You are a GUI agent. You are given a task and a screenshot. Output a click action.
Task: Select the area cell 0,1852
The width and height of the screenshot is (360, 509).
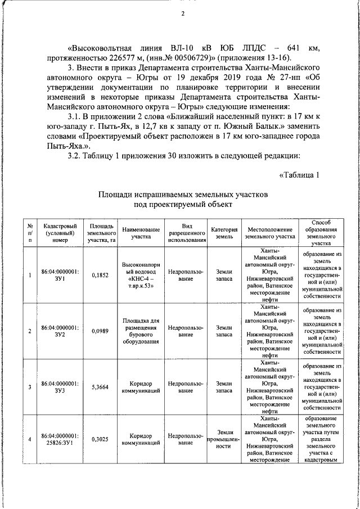point(100,274)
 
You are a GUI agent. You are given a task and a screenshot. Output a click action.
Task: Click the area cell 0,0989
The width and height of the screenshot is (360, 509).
point(100,330)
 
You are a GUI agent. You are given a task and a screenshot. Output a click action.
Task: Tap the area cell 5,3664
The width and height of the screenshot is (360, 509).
point(100,387)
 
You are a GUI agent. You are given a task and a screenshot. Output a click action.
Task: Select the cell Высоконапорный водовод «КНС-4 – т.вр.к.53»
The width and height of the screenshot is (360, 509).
point(138,274)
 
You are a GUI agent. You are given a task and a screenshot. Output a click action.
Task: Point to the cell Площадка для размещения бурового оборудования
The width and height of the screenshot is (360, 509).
point(138,330)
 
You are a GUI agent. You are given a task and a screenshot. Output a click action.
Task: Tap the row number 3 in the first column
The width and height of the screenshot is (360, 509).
point(30,387)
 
